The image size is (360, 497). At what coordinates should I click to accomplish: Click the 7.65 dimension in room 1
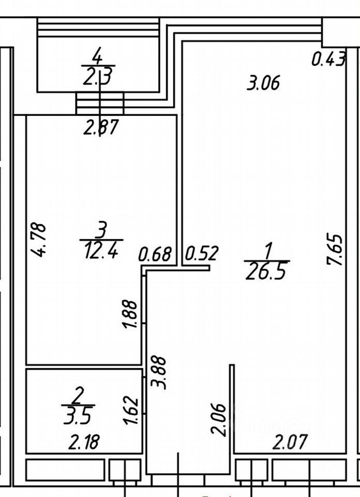(335, 250)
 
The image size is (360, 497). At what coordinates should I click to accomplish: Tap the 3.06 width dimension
(263, 83)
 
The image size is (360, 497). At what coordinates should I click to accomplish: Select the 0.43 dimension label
(328, 59)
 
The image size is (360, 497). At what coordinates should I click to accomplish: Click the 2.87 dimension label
(101, 127)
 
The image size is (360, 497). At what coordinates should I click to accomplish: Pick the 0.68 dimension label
(155, 254)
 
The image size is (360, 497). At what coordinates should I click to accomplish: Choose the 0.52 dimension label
(202, 253)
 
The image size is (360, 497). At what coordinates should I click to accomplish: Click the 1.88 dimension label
(130, 314)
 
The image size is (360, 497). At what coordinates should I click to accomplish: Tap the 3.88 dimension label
(159, 373)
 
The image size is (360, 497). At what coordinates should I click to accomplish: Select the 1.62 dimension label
(131, 411)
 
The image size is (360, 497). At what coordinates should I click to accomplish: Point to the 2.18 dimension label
(84, 442)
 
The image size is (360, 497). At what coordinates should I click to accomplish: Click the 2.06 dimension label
(219, 420)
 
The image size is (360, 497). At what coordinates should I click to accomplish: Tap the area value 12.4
(101, 252)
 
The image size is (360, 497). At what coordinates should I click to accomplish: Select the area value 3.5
(78, 416)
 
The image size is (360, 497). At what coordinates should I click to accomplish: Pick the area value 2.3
(97, 77)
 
